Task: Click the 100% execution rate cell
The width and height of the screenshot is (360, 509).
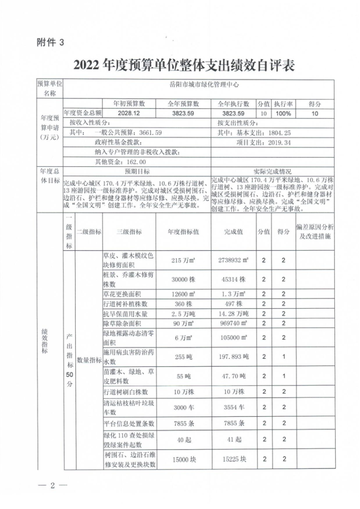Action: click(x=283, y=113)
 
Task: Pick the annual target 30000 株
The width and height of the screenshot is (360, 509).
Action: click(x=183, y=279)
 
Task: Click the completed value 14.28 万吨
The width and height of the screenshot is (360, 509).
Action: click(x=234, y=313)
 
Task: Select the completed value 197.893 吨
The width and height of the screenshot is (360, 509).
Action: click(x=234, y=356)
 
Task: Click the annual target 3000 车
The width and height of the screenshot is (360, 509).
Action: click(x=183, y=407)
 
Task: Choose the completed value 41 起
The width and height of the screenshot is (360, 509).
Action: click(x=234, y=440)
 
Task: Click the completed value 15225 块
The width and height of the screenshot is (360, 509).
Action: click(x=234, y=459)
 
